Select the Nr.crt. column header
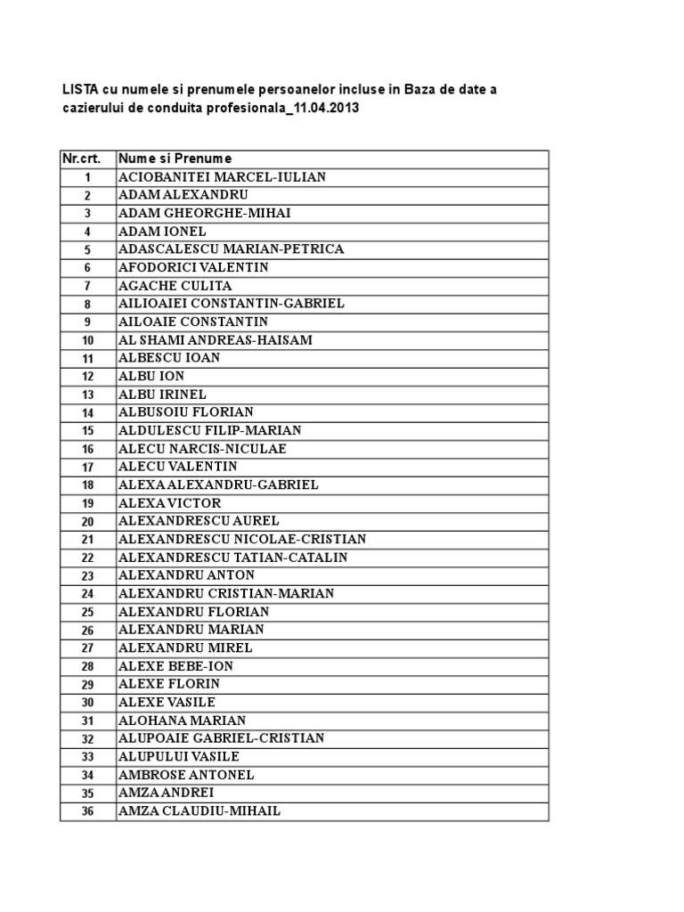(81, 159)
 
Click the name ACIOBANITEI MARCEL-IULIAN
(222, 177)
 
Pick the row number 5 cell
(87, 249)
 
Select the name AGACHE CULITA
(175, 286)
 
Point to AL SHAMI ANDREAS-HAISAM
(215, 340)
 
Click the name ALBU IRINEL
(162, 395)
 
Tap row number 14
(87, 412)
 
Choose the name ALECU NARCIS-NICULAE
(202, 449)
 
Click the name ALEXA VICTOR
(169, 503)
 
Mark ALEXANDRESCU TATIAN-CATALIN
(232, 558)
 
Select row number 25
(87, 612)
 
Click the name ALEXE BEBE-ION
(175, 666)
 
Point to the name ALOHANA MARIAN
(182, 721)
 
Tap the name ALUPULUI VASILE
(178, 757)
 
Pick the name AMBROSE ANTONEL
(186, 775)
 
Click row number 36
(87, 811)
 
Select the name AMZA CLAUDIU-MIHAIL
(199, 811)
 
